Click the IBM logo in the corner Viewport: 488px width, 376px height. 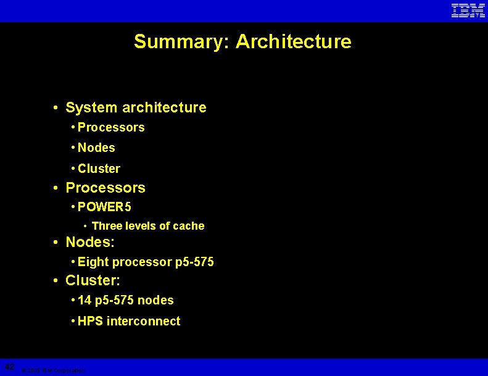click(x=468, y=10)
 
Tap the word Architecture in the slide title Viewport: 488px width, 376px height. click(x=294, y=41)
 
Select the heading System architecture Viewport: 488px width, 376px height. click(x=136, y=107)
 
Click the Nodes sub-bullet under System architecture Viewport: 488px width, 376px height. click(x=96, y=148)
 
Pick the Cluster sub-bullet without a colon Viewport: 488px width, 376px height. click(x=99, y=169)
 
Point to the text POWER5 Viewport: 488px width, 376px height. click(x=104, y=206)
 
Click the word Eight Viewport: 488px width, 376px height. click(x=93, y=262)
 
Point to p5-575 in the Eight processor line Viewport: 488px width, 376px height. click(x=194, y=262)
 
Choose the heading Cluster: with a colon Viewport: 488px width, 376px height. click(x=93, y=280)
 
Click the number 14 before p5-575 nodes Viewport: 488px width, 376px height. click(x=85, y=300)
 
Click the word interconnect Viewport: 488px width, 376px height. click(x=144, y=321)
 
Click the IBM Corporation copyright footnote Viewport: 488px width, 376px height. click(x=53, y=370)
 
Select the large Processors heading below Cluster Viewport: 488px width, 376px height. click(x=105, y=188)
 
